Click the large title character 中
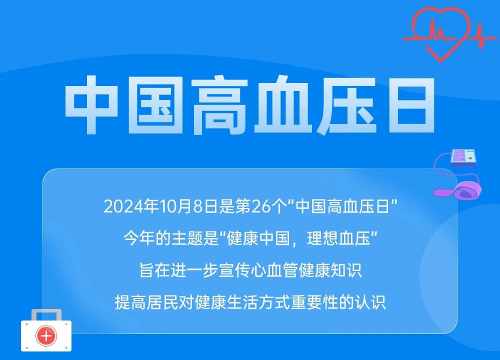point(91,104)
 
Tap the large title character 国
point(155,105)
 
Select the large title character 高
point(219,105)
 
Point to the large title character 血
point(283,105)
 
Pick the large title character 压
point(346,105)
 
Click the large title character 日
point(411,105)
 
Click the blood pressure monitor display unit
point(463,157)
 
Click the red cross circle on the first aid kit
point(46,335)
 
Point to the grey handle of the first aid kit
point(46,315)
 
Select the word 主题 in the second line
point(187,238)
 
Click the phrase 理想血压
point(338,238)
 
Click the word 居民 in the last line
point(162,302)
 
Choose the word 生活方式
point(258,302)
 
